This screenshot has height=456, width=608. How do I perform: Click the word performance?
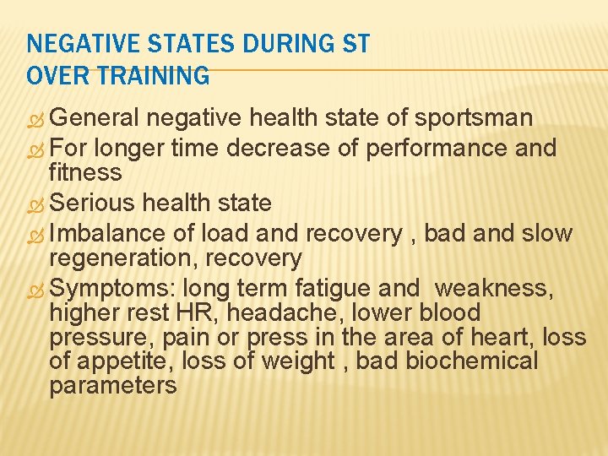[437, 148]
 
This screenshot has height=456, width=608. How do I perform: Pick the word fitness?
[85, 173]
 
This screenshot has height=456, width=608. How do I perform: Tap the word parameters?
[113, 386]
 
